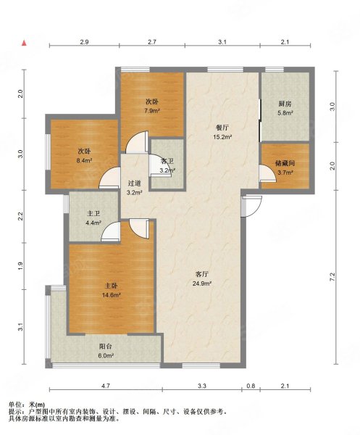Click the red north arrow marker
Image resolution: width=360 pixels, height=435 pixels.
(25, 43)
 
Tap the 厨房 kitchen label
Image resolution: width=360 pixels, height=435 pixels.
(285, 104)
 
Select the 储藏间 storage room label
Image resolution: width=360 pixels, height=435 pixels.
(285, 165)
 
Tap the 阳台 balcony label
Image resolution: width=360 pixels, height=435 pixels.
(106, 347)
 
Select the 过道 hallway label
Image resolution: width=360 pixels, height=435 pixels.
(135, 183)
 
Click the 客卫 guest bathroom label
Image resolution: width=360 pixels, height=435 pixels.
(167, 162)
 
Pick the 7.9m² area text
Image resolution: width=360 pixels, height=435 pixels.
(151, 111)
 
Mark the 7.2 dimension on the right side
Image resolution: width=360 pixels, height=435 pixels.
(333, 277)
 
